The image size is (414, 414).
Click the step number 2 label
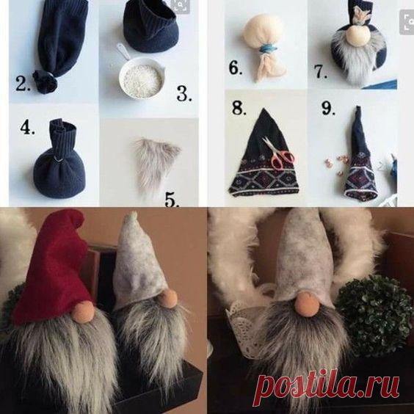pos(23,84)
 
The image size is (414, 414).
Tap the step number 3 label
pos(184,94)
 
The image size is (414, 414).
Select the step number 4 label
pos(27,127)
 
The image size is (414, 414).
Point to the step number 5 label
pos(172,199)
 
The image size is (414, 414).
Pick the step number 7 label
pos(321,71)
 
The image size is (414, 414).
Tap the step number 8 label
pos(239,108)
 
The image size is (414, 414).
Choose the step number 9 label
pos(328,108)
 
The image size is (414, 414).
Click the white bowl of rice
pos(142,77)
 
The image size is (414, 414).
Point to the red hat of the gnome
pos(51,266)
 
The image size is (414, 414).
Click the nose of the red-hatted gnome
pos(84,311)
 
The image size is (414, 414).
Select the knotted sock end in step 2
pos(46,81)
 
